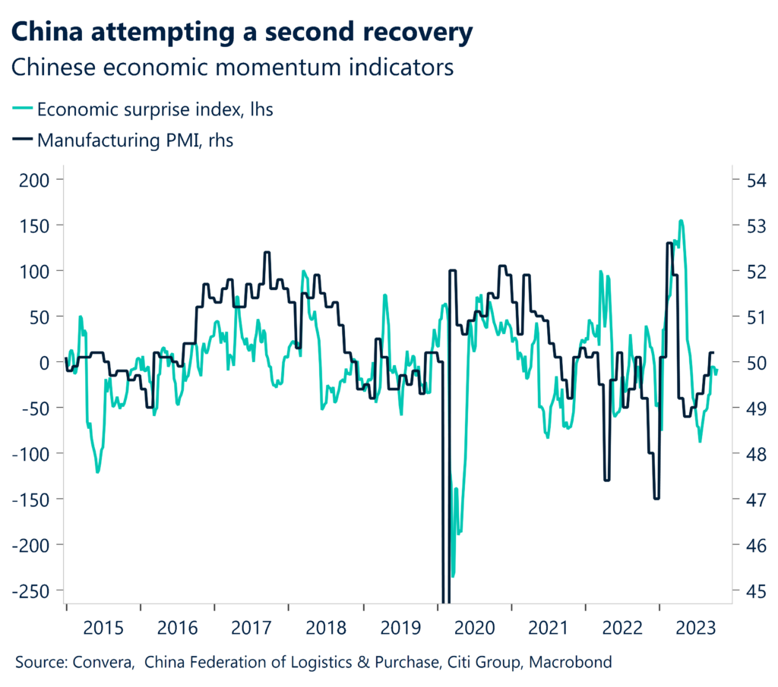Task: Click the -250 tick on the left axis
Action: pos(30,591)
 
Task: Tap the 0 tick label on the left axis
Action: pos(44,362)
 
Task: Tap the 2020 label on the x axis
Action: pos(474,628)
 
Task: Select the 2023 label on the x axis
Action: pos(696,628)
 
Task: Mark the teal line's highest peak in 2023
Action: pos(681,222)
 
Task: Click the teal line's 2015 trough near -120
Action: pos(97,471)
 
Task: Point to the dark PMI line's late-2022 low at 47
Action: pos(656,498)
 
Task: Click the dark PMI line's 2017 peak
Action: pos(267,253)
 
